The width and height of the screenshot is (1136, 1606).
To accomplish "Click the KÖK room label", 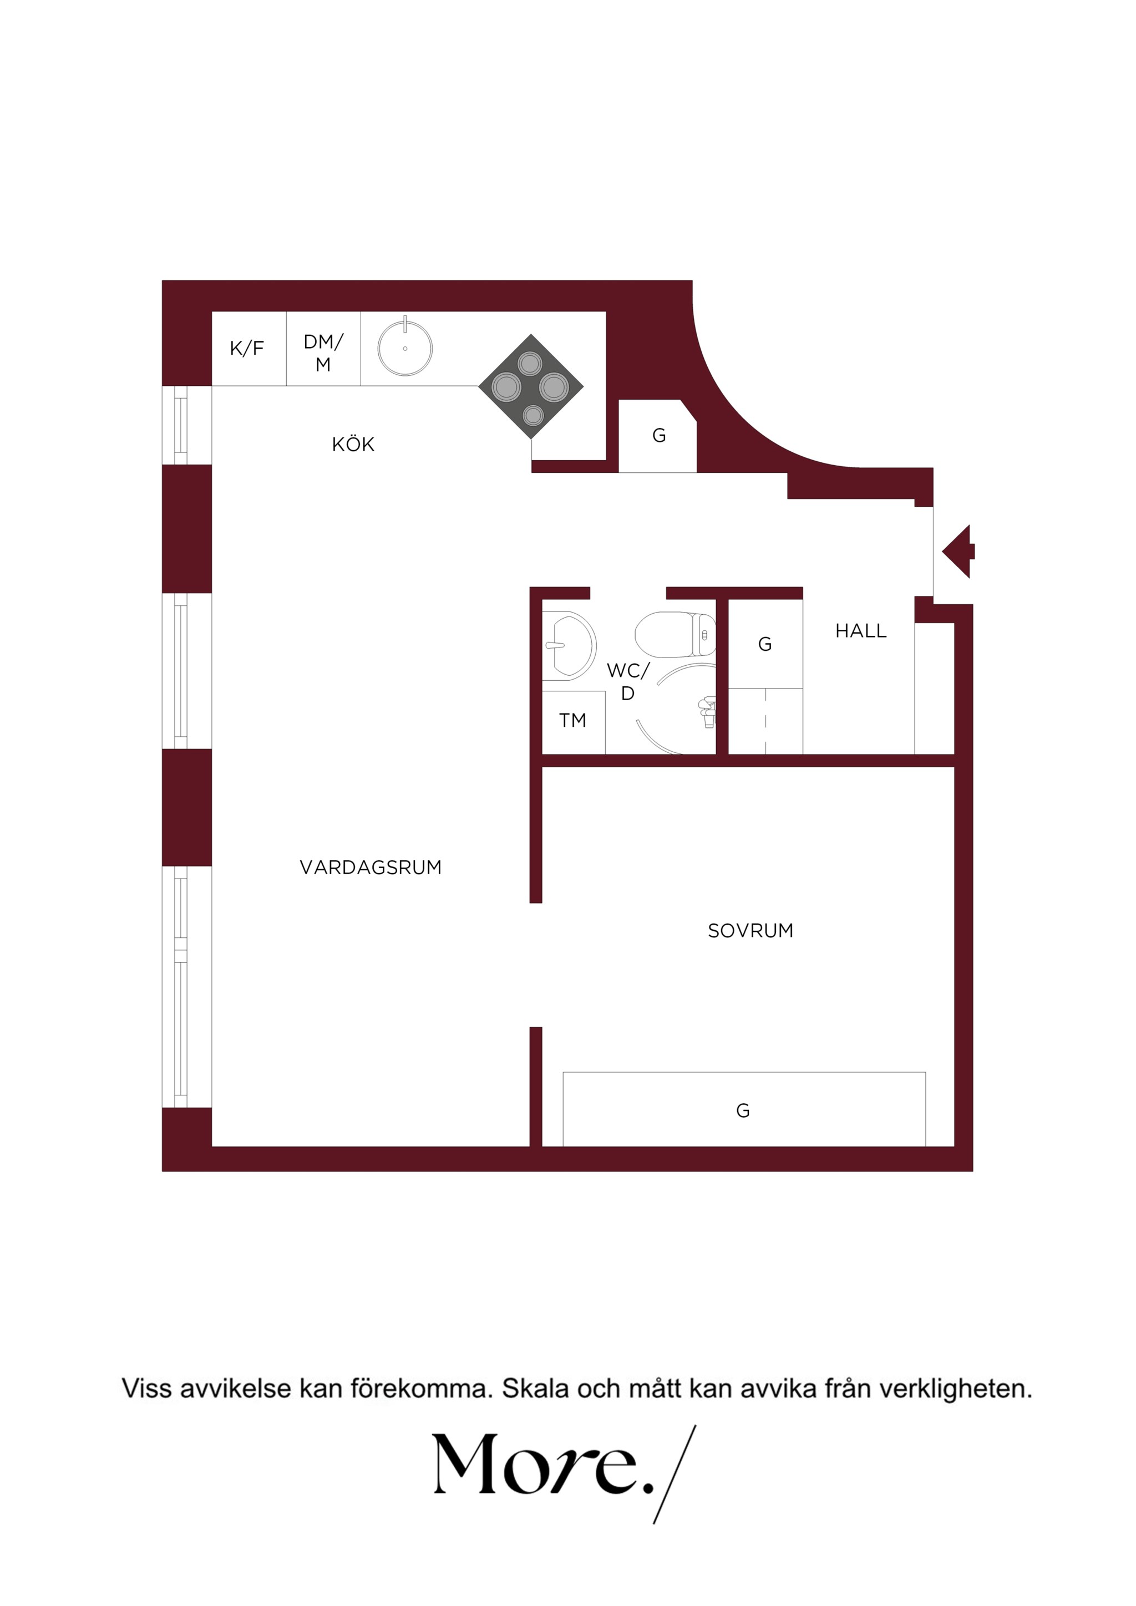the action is (353, 444).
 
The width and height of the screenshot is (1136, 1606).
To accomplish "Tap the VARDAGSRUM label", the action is (371, 868).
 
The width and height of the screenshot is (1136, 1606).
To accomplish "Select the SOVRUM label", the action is (750, 930).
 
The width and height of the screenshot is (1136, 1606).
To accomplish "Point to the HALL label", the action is (861, 631).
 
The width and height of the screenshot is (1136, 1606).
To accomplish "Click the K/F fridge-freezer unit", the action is (249, 348).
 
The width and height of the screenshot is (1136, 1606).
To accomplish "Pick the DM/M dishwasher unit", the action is (323, 348).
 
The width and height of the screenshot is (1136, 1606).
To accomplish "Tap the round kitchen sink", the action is (404, 348).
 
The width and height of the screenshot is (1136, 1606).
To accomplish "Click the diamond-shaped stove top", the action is (531, 386).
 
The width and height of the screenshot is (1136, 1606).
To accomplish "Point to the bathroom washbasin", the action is (569, 646).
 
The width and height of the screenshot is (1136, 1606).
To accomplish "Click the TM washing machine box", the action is (573, 722).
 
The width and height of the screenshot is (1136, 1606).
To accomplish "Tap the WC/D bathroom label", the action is (628, 682).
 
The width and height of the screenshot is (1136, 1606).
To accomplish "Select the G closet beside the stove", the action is (658, 436).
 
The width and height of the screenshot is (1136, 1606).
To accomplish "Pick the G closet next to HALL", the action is (765, 644).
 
